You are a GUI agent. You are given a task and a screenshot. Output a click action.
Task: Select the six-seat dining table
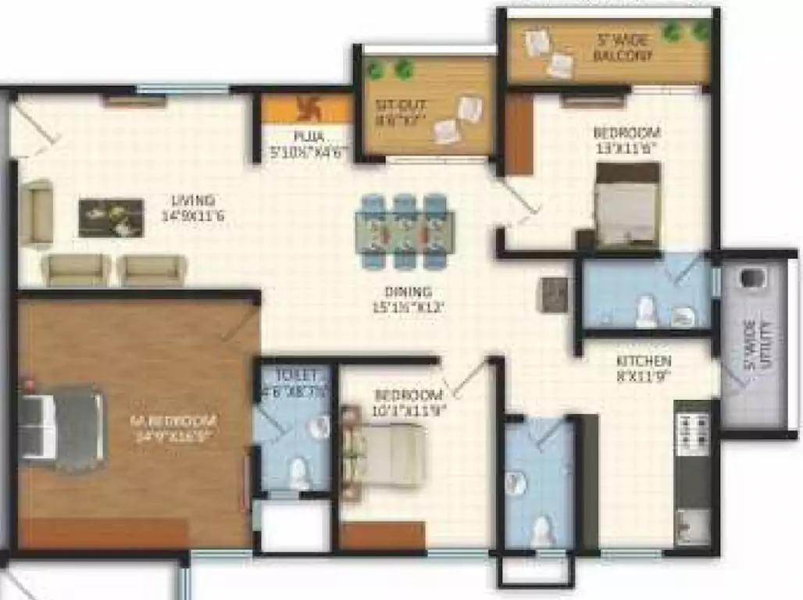(x=405, y=231)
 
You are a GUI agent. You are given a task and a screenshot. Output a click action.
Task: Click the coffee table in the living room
(x=111, y=218)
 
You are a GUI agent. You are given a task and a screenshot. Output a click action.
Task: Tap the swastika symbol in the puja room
(x=304, y=107)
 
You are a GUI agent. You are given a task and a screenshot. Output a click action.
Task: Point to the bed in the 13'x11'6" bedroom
(x=626, y=205)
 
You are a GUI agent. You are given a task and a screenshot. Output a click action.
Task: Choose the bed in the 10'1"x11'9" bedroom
(x=385, y=455)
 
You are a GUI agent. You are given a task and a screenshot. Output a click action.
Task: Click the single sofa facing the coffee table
(x=36, y=212)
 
